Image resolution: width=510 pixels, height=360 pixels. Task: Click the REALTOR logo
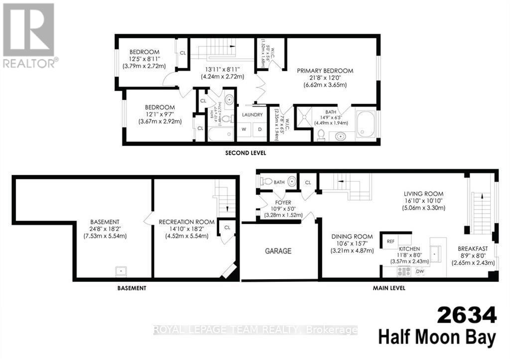point(29,35)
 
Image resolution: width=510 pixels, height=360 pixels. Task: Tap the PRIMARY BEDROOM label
point(325,71)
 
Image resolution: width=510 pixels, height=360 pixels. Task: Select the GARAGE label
point(278,251)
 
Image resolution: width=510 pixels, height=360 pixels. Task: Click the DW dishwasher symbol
point(419,271)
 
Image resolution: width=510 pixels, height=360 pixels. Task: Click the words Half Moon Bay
point(437,338)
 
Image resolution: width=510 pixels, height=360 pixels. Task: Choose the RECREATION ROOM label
point(187,222)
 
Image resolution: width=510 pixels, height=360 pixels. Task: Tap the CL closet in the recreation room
point(227,228)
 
